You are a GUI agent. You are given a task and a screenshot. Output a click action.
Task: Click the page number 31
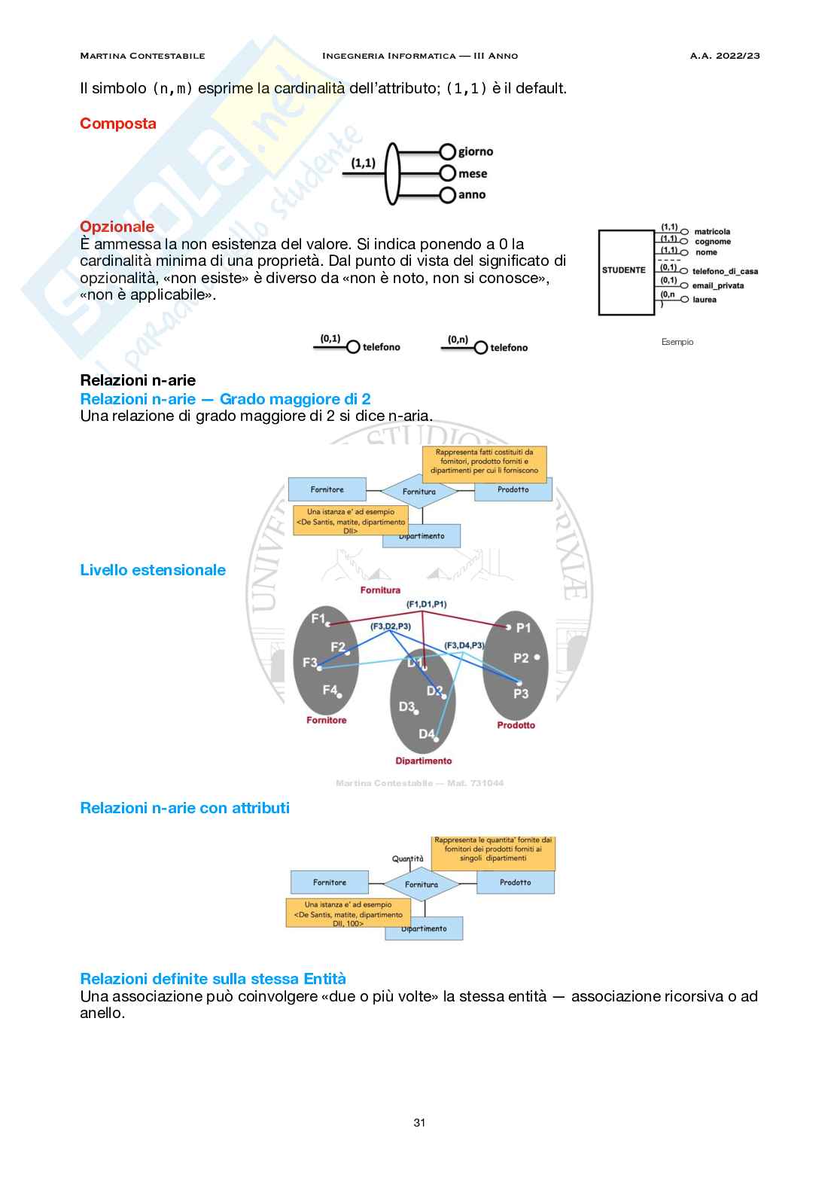tap(419, 1123)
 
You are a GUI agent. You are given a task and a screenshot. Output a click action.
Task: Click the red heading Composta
tap(118, 123)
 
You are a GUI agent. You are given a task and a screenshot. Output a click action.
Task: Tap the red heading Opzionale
tap(117, 227)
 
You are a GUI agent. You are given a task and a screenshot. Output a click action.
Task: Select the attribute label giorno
tap(476, 151)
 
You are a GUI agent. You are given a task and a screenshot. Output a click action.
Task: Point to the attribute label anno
tap(472, 195)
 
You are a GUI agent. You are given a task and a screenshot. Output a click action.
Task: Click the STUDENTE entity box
tap(625, 271)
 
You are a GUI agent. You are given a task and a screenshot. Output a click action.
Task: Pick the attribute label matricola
tap(712, 232)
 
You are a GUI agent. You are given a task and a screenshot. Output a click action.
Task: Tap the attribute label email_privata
tap(718, 286)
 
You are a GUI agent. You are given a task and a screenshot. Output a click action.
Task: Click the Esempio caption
tap(677, 342)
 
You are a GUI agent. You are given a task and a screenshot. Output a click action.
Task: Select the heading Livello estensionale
tap(153, 570)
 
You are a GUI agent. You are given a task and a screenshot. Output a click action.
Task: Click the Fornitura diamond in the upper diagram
tap(419, 492)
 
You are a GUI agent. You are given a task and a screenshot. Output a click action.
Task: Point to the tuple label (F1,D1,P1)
tap(426, 604)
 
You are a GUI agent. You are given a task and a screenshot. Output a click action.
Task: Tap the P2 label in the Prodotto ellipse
tap(521, 658)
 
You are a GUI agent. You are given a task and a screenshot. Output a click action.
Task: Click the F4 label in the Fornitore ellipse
tap(330, 689)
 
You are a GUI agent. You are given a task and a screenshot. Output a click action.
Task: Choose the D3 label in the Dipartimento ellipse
tap(406, 706)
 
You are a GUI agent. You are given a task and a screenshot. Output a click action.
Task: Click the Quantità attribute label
tap(407, 858)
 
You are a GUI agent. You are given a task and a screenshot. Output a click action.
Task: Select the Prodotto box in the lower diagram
tap(516, 883)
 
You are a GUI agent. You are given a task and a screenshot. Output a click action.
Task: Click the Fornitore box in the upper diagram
tap(327, 489)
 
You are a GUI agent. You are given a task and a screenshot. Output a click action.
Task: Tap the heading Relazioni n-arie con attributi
tap(184, 808)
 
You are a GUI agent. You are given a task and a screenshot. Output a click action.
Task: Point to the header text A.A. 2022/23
tap(725, 56)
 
